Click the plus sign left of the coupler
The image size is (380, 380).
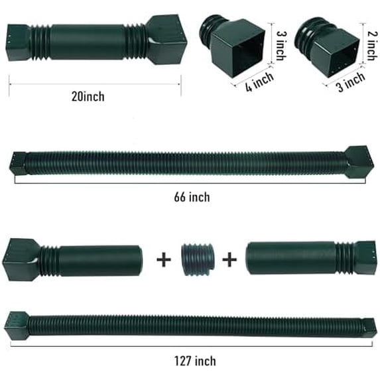163,259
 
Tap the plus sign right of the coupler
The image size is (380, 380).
229,259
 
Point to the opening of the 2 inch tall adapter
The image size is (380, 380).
336,45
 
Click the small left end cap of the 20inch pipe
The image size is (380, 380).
19,42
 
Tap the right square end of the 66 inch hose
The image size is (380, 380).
359,161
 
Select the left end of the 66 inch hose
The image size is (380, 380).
19,164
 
